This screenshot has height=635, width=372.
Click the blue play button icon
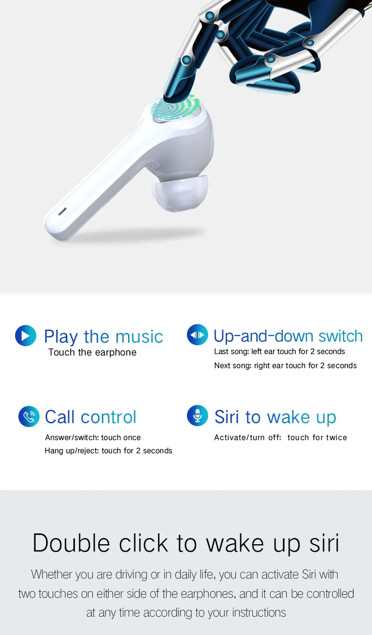[25, 336]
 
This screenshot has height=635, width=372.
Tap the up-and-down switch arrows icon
[197, 335]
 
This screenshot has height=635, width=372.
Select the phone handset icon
[29, 416]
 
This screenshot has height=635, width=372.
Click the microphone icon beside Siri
[197, 416]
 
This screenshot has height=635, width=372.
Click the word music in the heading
[139, 337]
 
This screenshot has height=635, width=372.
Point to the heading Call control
[90, 417]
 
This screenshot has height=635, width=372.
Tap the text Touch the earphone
[92, 352]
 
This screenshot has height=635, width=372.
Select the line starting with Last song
[280, 351]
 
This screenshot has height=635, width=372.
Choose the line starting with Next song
[285, 365]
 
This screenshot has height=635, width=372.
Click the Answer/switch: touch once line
[93, 437]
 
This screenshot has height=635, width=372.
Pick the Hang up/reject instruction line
[108, 451]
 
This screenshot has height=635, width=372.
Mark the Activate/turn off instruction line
[280, 437]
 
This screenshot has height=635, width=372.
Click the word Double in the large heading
[71, 543]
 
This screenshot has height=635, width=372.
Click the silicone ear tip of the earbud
[179, 194]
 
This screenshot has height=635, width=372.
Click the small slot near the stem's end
[62, 211]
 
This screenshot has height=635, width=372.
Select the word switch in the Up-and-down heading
[340, 336]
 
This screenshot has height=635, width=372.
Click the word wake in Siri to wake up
[289, 417]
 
